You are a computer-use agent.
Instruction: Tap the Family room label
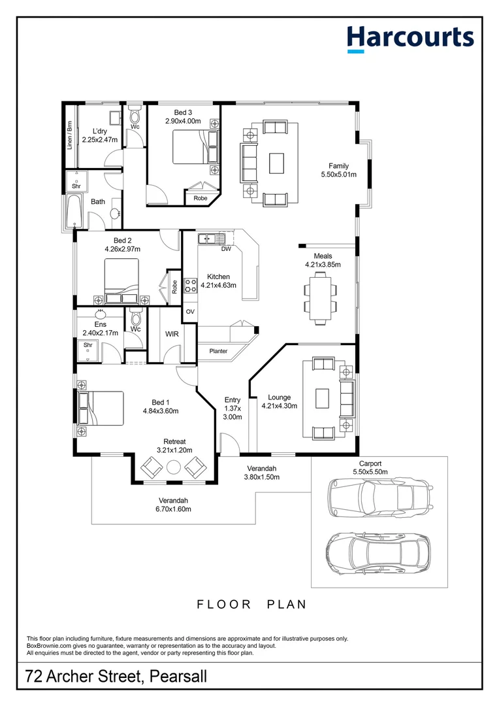338,166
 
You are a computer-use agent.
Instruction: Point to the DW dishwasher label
226,249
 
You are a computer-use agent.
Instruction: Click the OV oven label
190,312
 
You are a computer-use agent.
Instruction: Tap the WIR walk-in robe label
172,334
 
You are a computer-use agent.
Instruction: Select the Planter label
218,352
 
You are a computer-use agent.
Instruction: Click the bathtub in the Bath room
71,210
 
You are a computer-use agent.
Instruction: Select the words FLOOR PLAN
251,605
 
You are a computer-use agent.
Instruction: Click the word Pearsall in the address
178,676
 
